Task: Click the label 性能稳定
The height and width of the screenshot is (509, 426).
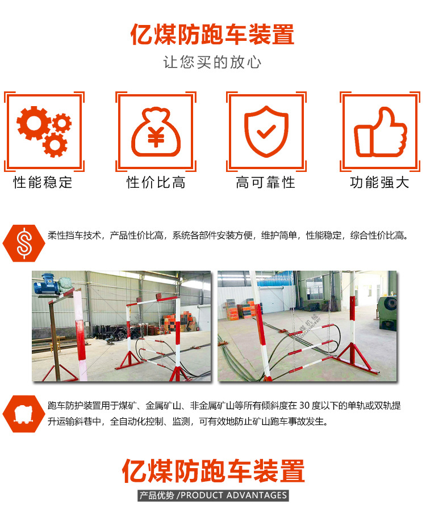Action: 43,183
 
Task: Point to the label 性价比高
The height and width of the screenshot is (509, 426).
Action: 156,183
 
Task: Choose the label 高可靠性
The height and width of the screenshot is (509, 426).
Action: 265,183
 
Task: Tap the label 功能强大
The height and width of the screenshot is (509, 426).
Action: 379,183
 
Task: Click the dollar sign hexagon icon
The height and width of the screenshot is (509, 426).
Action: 23,241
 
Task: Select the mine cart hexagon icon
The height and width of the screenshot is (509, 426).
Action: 23,412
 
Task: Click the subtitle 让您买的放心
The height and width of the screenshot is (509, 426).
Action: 212,62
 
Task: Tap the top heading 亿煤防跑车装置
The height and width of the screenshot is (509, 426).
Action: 212,34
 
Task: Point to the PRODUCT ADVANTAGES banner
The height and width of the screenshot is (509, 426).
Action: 213,495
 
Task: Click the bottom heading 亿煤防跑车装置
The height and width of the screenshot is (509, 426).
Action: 213,472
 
